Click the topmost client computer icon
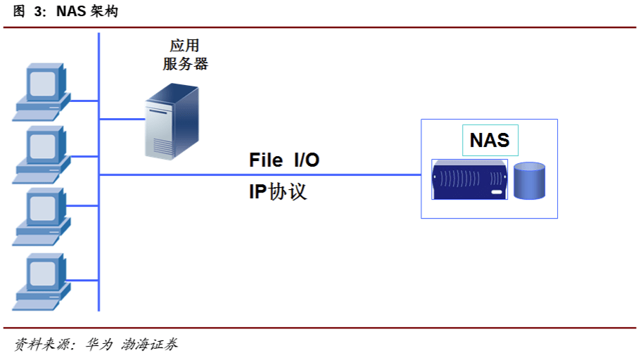tap(42, 91)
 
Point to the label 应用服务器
tap(185, 55)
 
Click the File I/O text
tap(284, 160)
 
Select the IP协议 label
tap(278, 192)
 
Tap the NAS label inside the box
tap(490, 140)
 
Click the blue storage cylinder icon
tap(529, 181)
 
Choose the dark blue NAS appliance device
tap(469, 180)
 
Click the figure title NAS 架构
tap(87, 13)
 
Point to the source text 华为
tap(98, 345)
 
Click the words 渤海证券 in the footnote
tap(149, 345)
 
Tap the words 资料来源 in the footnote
tap(39, 345)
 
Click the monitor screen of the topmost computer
tap(42, 82)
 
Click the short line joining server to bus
tap(121, 119)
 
